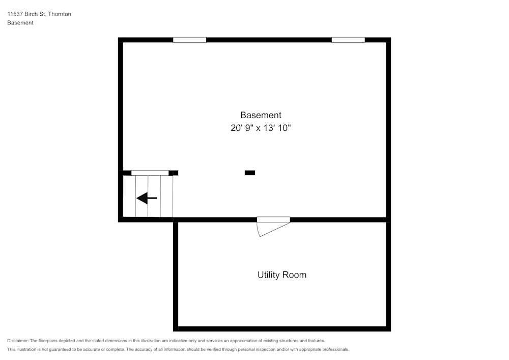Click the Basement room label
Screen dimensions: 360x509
click(261, 115)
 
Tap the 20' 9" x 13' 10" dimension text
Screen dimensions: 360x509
click(261, 128)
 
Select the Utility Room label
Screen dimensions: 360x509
click(281, 275)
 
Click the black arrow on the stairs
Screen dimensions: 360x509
click(147, 198)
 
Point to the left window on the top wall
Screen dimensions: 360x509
click(189, 40)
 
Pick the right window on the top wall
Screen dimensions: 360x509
click(348, 40)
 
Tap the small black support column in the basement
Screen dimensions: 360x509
click(250, 173)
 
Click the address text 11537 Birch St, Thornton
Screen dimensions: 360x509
click(39, 14)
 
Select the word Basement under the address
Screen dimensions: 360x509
click(20, 23)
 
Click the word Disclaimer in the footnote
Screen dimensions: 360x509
click(18, 341)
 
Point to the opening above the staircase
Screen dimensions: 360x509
click(150, 173)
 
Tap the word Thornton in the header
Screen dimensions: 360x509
click(60, 14)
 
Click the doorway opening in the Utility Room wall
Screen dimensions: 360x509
click(273, 219)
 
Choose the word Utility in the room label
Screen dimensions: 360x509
click(269, 275)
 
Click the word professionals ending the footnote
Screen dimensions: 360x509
click(334, 349)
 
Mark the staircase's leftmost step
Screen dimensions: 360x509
click(129, 197)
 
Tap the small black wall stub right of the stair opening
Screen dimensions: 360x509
click(174, 173)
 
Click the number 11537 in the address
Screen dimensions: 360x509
click(16, 14)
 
